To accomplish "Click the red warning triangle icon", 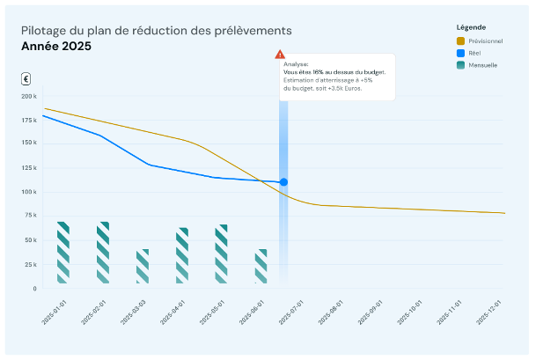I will pyautogui.click(x=280, y=55).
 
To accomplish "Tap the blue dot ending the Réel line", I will pyautogui.click(x=283, y=182).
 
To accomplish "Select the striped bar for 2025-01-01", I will pyautogui.click(x=63, y=253).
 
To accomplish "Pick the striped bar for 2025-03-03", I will pyautogui.click(x=143, y=266).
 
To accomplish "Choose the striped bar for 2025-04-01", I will pyautogui.click(x=182, y=255).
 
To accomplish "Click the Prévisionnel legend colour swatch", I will pyautogui.click(x=460, y=41).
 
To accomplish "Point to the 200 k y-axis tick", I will pyautogui.click(x=28, y=96).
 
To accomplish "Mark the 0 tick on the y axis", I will pyautogui.click(x=33, y=289).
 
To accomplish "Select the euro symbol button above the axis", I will pyautogui.click(x=26, y=78).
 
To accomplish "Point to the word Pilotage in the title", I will pyautogui.click(x=40, y=31).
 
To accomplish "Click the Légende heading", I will pyautogui.click(x=471, y=27).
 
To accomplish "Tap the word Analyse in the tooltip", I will pyautogui.click(x=295, y=64).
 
